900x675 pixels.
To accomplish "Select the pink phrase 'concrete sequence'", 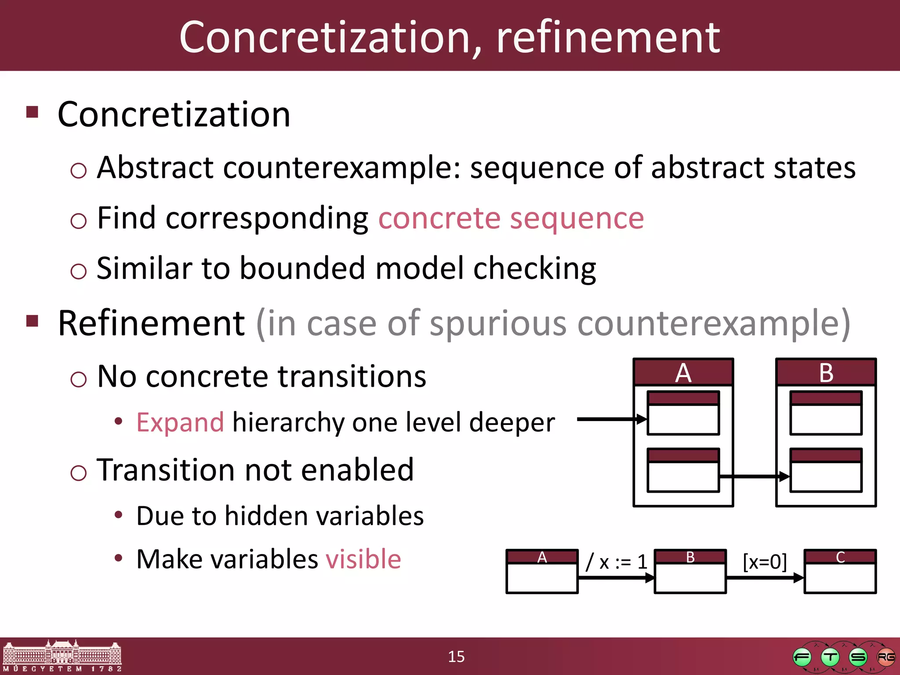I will tap(511, 218).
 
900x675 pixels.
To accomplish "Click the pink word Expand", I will tap(180, 422).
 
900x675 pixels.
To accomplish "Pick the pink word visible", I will tap(363, 559).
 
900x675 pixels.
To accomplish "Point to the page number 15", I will tap(456, 657).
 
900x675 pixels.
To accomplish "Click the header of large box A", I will tap(683, 373).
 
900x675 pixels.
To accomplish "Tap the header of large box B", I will tap(826, 373).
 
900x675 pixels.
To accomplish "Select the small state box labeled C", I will tap(840, 571).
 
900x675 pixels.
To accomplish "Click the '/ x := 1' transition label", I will tap(617, 562).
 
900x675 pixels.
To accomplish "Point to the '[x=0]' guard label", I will tap(765, 562).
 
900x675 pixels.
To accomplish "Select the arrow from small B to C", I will tap(765, 578).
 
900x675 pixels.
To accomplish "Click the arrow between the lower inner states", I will tap(754, 476).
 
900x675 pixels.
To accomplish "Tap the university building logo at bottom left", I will tap(62, 656).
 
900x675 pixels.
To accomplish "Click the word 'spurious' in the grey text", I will tap(498, 323).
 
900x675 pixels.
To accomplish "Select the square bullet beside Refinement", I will tap(33, 321).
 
